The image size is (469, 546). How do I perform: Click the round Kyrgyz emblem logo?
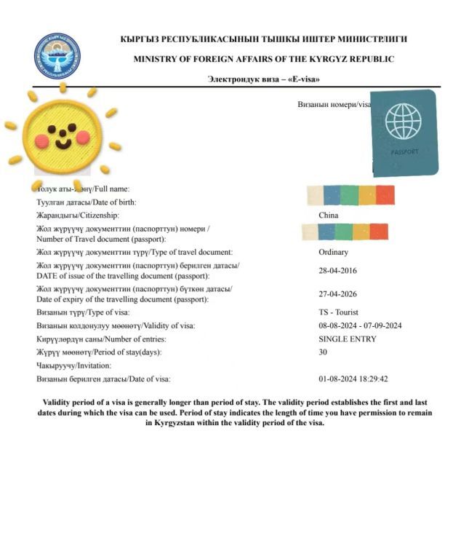click(x=57, y=56)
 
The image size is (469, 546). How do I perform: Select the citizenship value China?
click(x=328, y=215)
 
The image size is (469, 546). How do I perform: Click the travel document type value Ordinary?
click(x=333, y=252)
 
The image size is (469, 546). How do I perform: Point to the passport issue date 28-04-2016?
click(x=337, y=271)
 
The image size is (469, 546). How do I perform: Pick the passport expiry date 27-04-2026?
click(x=337, y=294)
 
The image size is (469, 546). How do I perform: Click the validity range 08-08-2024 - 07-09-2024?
click(x=360, y=325)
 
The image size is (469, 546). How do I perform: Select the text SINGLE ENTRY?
click(x=347, y=339)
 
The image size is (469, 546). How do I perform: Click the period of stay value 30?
click(x=323, y=352)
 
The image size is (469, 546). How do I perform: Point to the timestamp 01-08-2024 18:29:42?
click(x=353, y=379)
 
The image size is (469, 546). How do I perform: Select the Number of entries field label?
click(x=101, y=339)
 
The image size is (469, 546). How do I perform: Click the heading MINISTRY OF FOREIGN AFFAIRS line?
click(x=263, y=59)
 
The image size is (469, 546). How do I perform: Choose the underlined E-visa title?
click(x=263, y=79)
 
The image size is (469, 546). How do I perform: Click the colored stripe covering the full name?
click(x=350, y=194)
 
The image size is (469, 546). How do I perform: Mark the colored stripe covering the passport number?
click(x=344, y=232)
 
